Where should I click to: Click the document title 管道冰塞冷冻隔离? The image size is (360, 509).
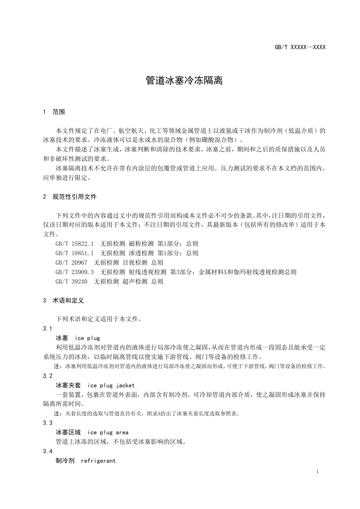pyautogui.click(x=184, y=81)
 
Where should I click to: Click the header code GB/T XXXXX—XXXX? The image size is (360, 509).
pyautogui.click(x=300, y=47)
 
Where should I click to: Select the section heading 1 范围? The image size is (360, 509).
pyautogui.click(x=54, y=112)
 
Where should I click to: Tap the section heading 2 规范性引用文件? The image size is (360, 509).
pyautogui.click(x=70, y=197)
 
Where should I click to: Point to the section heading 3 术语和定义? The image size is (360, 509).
pyautogui.click(x=64, y=300)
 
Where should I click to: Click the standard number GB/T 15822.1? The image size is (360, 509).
pyautogui.click(x=74, y=244)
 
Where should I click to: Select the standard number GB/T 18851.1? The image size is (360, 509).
pyautogui.click(x=74, y=253)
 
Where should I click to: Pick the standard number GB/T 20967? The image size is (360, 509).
pyautogui.click(x=71, y=262)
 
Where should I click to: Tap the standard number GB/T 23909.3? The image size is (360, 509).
pyautogui.click(x=74, y=272)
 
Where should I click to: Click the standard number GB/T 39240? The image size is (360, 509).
pyautogui.click(x=71, y=281)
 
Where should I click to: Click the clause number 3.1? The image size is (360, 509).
pyautogui.click(x=48, y=328)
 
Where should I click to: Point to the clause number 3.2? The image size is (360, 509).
pyautogui.click(x=48, y=376)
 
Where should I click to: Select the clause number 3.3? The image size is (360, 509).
pyautogui.click(x=48, y=423)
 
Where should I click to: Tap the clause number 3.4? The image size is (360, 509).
pyautogui.click(x=48, y=451)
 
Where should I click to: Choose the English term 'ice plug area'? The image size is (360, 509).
pyautogui.click(x=108, y=432)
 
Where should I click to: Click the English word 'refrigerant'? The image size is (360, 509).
pyautogui.click(x=99, y=461)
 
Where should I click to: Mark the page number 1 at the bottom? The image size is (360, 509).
pyautogui.click(x=318, y=471)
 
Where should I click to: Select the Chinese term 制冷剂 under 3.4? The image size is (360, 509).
pyautogui.click(x=65, y=461)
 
